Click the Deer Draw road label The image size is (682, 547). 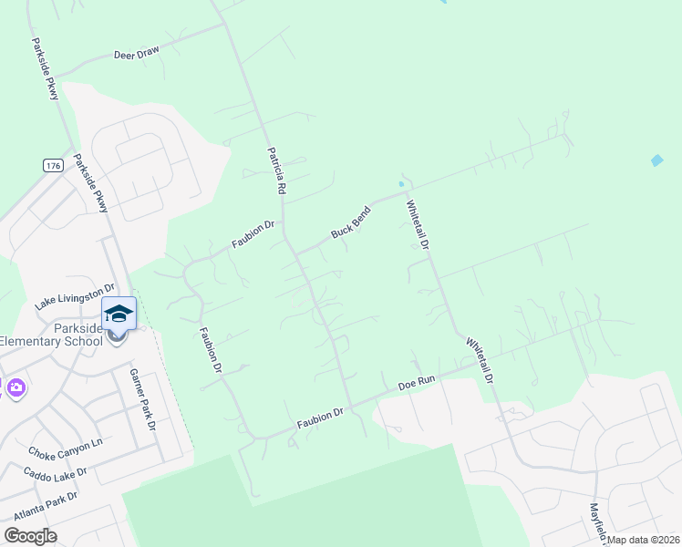137,53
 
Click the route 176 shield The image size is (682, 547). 52,165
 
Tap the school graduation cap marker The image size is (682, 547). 119,314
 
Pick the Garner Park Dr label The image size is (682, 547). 143,399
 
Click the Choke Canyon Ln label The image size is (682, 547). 66,449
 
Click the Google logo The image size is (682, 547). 30,535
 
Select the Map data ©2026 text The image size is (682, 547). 644,540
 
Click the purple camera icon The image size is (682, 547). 15,388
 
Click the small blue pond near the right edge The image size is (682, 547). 657,160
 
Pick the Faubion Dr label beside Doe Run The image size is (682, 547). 320,418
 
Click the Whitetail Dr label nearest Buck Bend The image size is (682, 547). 418,225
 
